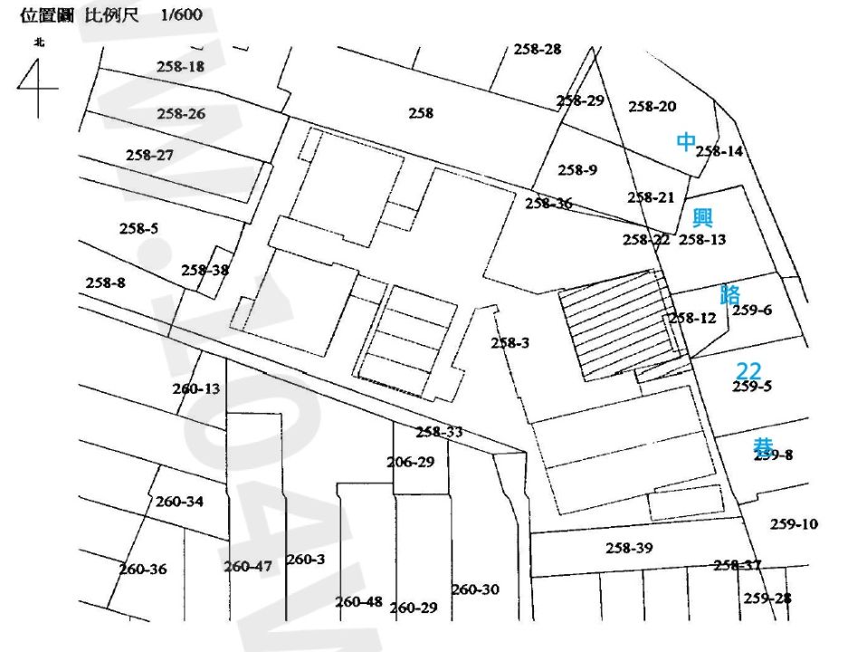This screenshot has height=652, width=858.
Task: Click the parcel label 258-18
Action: pyautogui.click(x=180, y=66)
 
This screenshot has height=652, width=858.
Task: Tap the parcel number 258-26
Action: pyautogui.click(x=181, y=113)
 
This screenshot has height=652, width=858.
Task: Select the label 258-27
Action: pyautogui.click(x=149, y=155)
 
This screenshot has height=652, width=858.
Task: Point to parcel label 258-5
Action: pyautogui.click(x=138, y=228)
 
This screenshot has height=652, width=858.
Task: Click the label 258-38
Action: pyautogui.click(x=205, y=270)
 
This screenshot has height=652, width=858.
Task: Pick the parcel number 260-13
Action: pyautogui.click(x=196, y=388)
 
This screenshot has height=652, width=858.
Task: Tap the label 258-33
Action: pyautogui.click(x=439, y=432)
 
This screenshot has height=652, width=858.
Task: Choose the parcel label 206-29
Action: pyautogui.click(x=411, y=462)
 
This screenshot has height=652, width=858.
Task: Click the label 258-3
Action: pyautogui.click(x=510, y=342)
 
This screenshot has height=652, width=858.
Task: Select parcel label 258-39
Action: pyautogui.click(x=629, y=548)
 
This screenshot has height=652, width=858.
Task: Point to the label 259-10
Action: pyautogui.click(x=794, y=523)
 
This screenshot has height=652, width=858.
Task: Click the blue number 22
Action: pyautogui.click(x=748, y=370)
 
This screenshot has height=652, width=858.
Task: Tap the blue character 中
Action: pyautogui.click(x=687, y=141)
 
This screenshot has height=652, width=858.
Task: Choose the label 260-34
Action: pyautogui.click(x=179, y=501)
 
